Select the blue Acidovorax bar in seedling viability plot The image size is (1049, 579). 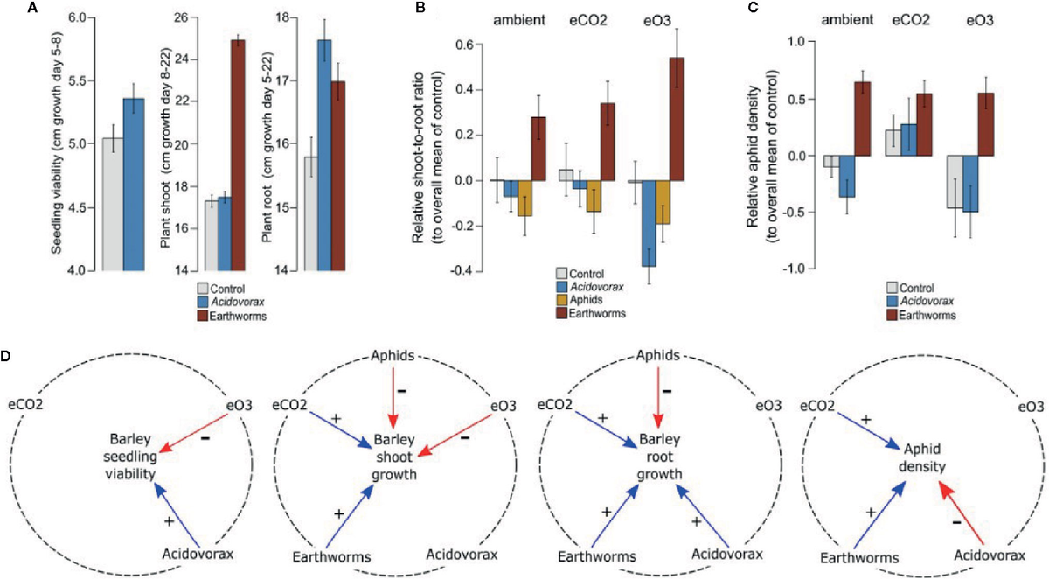click(133, 184)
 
